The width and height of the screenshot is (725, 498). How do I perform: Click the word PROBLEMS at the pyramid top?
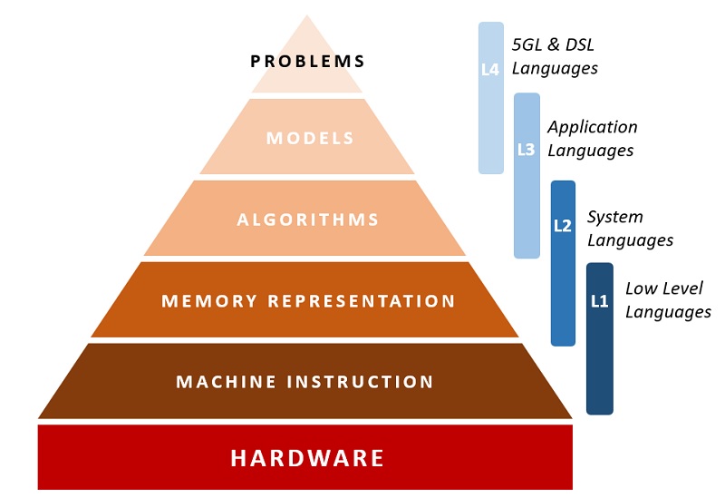307,62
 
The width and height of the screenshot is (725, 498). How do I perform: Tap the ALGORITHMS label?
308,220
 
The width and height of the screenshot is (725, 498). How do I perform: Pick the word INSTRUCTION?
360,382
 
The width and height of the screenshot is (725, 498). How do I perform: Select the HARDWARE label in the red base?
307,458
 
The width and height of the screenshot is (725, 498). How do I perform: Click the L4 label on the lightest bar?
490,69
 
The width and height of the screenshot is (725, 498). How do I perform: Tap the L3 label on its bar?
527,150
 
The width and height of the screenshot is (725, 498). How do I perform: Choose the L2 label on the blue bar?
563,226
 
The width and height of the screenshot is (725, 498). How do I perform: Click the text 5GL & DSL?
552,45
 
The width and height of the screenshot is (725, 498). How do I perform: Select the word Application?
593,127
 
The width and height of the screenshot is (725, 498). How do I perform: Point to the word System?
615,217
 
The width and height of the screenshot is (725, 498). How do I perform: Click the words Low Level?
664,288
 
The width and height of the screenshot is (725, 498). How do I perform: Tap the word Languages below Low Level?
668,312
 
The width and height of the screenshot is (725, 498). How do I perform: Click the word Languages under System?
630,240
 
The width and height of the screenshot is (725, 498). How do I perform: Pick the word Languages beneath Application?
590,151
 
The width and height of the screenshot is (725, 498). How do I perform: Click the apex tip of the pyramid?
307,16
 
